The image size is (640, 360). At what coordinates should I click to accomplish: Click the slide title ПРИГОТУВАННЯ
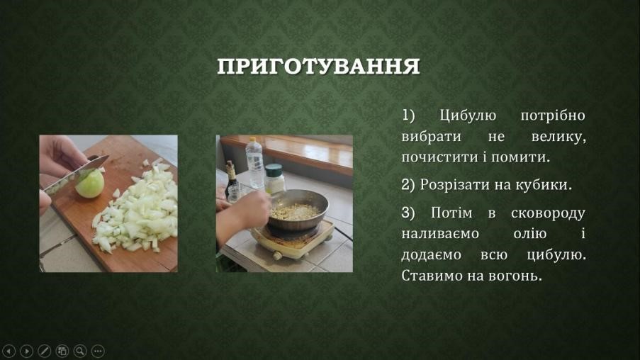pyautogui.click(x=318, y=67)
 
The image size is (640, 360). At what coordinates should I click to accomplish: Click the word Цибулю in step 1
pyautogui.click(x=468, y=116)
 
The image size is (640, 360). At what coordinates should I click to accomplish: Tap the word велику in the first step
pyautogui.click(x=558, y=136)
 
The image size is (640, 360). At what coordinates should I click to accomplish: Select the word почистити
pyautogui.click(x=442, y=157)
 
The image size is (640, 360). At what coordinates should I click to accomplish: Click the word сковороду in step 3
pyautogui.click(x=548, y=213)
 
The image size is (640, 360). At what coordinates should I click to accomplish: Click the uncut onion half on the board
pyautogui.click(x=89, y=184)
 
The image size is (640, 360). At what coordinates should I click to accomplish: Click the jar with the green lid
pyautogui.click(x=275, y=179)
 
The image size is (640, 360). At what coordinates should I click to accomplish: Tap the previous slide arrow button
pyautogui.click(x=9, y=351)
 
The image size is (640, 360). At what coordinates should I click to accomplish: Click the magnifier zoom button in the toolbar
pyautogui.click(x=80, y=351)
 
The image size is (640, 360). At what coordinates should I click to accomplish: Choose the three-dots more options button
pyautogui.click(x=98, y=351)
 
